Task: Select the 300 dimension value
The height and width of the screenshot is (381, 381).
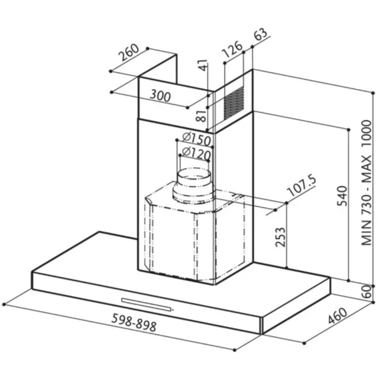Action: coord(160,96)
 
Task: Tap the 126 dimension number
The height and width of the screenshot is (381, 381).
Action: coord(232,50)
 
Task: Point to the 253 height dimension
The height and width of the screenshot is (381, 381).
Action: coord(280,237)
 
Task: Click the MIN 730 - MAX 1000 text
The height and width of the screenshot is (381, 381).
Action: coord(367,182)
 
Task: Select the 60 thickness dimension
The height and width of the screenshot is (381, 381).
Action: coord(367,291)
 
